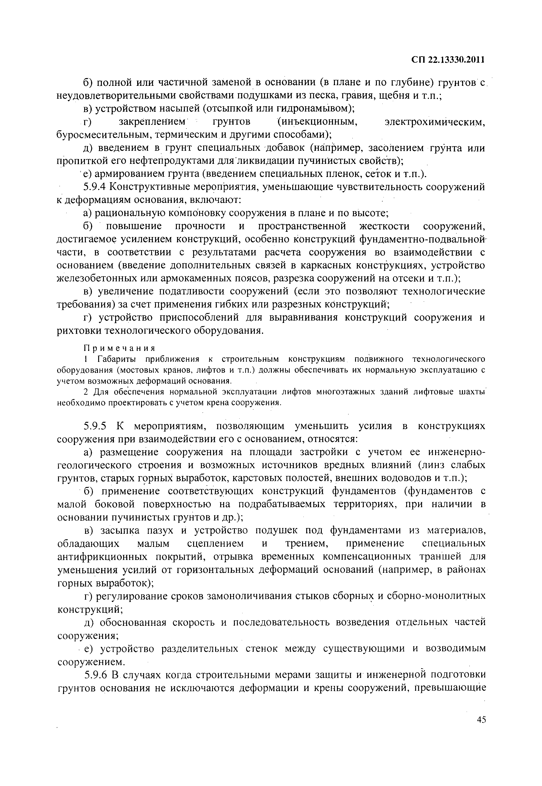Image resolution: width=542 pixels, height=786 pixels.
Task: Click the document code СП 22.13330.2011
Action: click(447, 60)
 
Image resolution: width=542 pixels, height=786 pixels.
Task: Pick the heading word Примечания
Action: click(120, 348)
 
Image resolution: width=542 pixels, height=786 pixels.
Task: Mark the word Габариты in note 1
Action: click(115, 359)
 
